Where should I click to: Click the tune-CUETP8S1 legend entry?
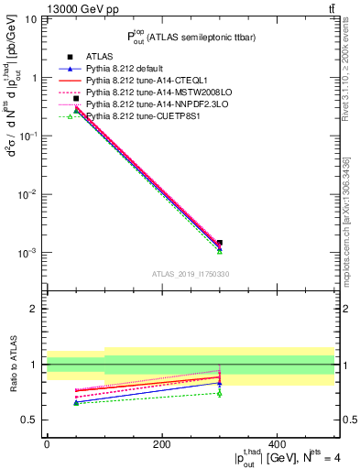(x=136, y=116)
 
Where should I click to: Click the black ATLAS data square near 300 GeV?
(x=220, y=243)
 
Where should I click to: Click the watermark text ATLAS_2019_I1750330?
(x=190, y=274)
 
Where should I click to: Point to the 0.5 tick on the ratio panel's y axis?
(x=34, y=420)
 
